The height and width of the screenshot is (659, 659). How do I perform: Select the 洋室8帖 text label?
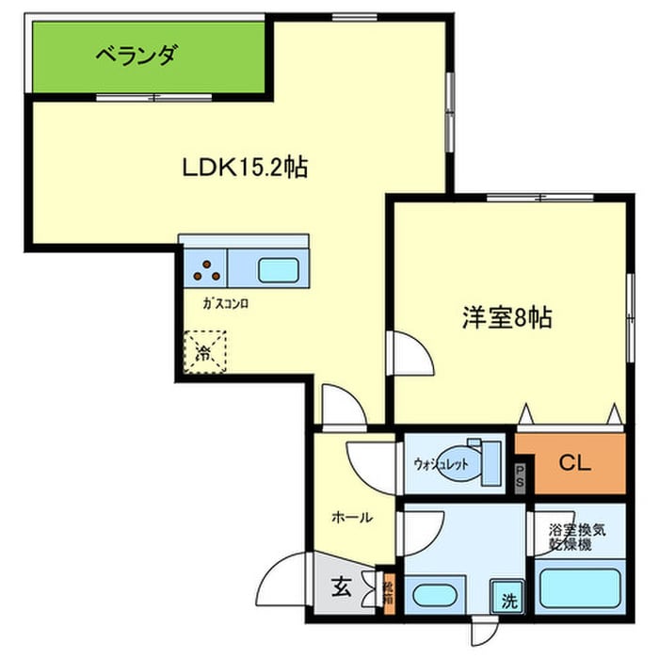pyautogui.click(x=506, y=317)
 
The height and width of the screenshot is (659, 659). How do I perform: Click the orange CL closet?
pyautogui.click(x=571, y=462)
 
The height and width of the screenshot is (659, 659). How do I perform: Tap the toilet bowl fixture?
pyautogui.click(x=463, y=463)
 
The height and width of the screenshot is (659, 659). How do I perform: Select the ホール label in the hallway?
pyautogui.click(x=352, y=517)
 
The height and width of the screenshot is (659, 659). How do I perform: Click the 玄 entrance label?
pyautogui.click(x=339, y=589)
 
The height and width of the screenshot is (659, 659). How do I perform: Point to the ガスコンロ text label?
pyautogui.click(x=225, y=305)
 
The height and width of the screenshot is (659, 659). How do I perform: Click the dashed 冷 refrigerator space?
pyautogui.click(x=204, y=352)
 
